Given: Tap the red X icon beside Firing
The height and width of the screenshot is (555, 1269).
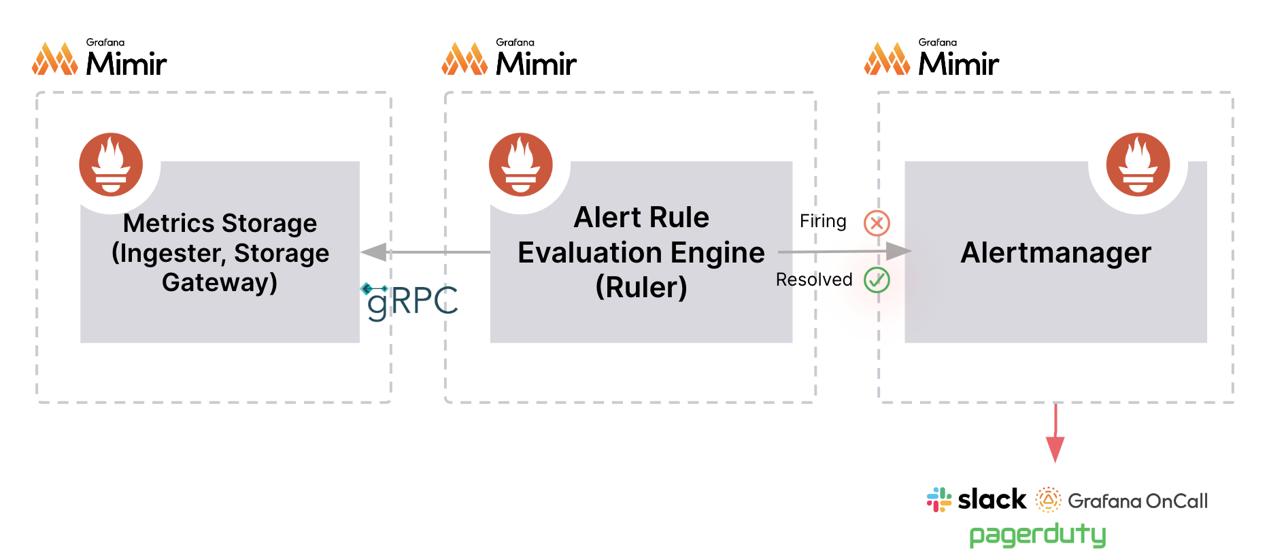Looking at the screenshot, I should click(877, 222).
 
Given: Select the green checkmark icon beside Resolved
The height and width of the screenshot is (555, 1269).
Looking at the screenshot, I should click(877, 280).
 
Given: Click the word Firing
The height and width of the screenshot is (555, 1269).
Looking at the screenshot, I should click(823, 221).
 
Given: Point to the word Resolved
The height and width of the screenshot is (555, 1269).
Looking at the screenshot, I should click(814, 280).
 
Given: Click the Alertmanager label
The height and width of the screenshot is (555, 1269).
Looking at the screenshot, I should click(1055, 253).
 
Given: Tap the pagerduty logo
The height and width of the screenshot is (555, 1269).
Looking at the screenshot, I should click(1037, 535).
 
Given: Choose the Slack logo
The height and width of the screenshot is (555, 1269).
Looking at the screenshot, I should click(977, 500).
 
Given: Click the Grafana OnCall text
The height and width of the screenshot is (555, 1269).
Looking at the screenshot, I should click(1137, 501).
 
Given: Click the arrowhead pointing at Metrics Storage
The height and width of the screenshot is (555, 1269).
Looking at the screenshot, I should click(374, 252).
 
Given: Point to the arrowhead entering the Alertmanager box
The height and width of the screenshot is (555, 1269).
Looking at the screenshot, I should click(898, 252).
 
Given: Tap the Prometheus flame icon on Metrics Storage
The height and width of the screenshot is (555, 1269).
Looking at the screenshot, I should click(111, 165).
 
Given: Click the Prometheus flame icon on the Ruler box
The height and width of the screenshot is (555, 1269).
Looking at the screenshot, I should click(521, 165).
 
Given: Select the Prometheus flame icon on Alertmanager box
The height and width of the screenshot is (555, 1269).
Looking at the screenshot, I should click(1138, 165).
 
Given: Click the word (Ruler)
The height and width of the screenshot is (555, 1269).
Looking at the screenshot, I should click(641, 287).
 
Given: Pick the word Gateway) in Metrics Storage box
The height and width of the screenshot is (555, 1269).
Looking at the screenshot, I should click(220, 282).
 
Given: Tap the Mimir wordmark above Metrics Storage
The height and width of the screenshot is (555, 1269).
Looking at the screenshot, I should click(126, 64).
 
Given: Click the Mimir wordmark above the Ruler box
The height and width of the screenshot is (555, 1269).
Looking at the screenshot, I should click(536, 64).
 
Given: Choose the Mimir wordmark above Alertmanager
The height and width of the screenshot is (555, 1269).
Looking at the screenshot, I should click(958, 64).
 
